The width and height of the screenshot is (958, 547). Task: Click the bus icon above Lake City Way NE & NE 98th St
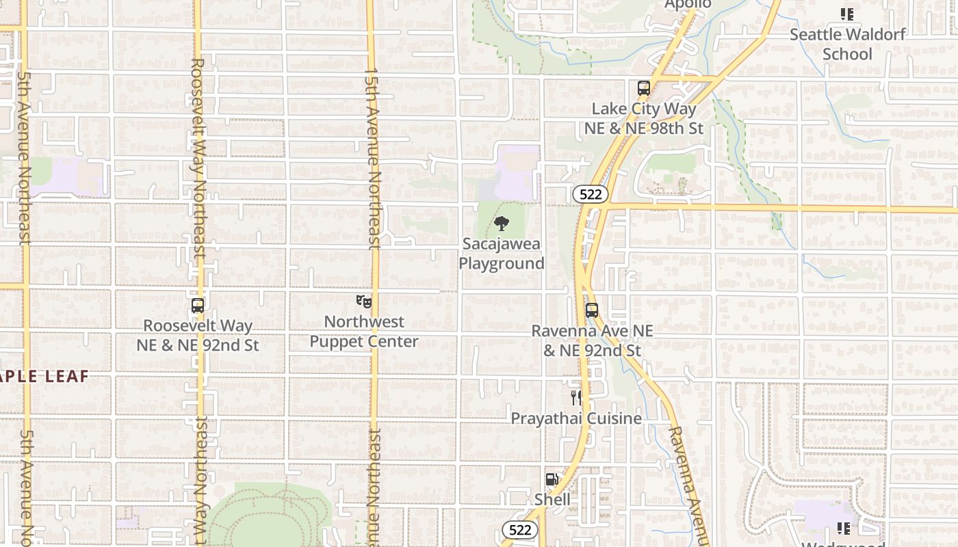click(643, 88)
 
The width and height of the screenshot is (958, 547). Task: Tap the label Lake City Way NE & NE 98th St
click(643, 118)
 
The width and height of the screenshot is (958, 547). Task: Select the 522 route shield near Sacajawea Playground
click(590, 195)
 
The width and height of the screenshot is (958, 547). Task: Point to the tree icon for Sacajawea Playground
click(502, 223)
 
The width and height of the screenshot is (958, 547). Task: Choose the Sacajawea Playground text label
click(502, 254)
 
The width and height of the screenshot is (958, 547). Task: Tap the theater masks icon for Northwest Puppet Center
click(364, 301)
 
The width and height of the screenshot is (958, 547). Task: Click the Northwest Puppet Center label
click(364, 332)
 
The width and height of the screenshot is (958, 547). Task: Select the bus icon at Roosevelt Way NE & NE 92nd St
click(198, 306)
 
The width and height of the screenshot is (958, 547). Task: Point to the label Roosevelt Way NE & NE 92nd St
click(198, 336)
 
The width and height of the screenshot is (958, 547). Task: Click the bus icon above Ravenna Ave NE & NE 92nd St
click(592, 310)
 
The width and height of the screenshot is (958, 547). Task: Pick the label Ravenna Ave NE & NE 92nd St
click(593, 341)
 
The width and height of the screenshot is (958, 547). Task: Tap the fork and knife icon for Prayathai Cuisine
click(576, 398)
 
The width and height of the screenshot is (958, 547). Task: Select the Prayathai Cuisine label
click(576, 418)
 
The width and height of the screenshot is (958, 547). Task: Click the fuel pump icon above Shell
click(552, 480)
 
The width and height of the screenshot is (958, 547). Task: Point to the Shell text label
click(552, 500)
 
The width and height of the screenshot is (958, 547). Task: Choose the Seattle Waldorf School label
click(848, 44)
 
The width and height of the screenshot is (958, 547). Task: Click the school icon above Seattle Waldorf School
click(847, 14)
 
